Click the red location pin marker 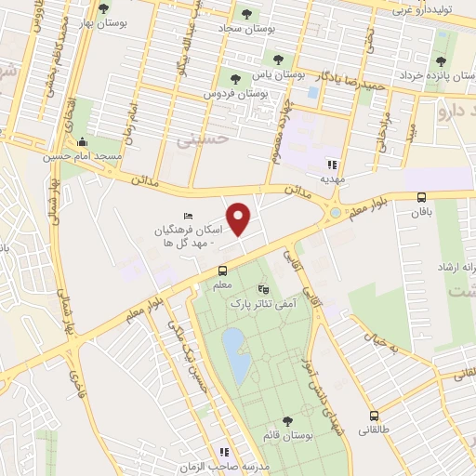(240, 218)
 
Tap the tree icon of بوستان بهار (102, 8)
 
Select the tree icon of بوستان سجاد (246, 14)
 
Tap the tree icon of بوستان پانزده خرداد (440, 61)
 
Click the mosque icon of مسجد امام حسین (83, 142)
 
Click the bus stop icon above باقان (422, 197)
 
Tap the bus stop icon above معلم (222, 271)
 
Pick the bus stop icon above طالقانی (374, 416)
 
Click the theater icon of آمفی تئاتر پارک (263, 289)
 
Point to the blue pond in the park (233, 354)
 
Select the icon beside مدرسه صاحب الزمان (223, 451)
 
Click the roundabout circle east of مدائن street (334, 215)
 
